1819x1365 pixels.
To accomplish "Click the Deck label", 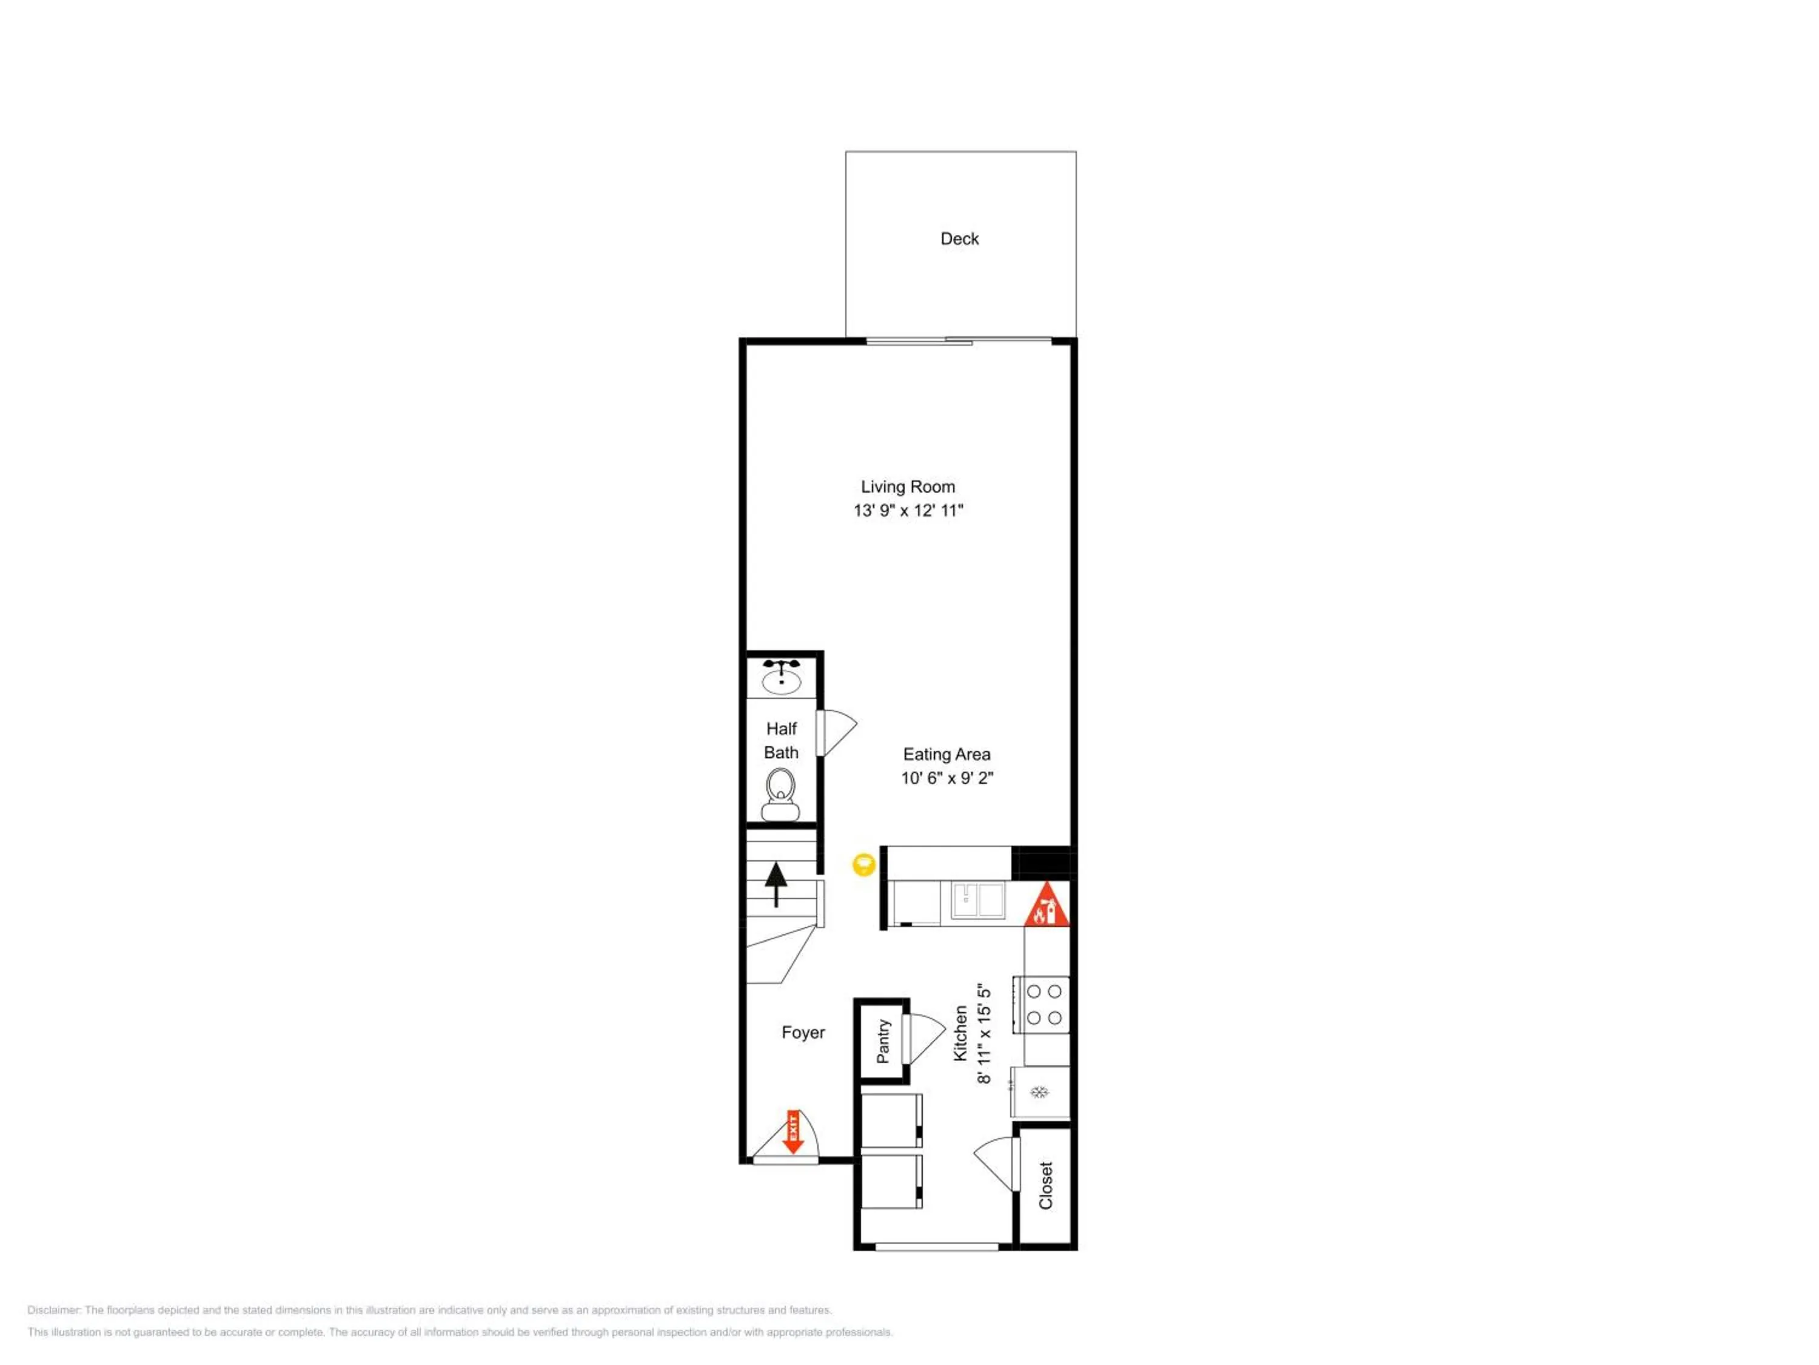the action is (x=960, y=238).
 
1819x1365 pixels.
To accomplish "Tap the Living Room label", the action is (x=908, y=487).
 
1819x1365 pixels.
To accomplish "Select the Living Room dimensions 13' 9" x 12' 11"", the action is (x=908, y=510).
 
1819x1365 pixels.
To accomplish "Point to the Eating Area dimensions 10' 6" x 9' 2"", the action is (x=946, y=778).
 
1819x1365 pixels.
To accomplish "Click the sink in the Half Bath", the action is (x=781, y=677).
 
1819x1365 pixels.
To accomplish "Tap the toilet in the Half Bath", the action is (x=780, y=795).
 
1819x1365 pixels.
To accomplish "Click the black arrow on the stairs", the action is (x=776, y=884).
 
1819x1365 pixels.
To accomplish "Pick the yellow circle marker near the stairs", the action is (x=863, y=864).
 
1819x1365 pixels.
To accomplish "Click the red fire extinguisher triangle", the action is (x=1046, y=905).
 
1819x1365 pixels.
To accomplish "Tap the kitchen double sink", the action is (x=979, y=900).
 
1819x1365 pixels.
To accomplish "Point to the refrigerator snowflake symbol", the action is (x=1039, y=1092).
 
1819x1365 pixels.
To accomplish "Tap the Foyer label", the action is (x=803, y=1033).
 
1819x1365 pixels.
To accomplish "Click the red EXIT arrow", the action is (x=792, y=1132).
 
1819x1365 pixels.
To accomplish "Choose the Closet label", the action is (x=1046, y=1185).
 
